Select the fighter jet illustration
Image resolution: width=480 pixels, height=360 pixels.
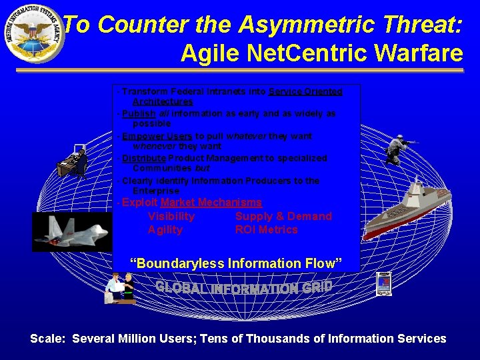pyautogui.click(x=70, y=231)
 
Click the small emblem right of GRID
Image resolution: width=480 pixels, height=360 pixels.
pyautogui.click(x=383, y=284)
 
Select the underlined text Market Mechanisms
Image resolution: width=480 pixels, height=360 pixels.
pyautogui.click(x=211, y=203)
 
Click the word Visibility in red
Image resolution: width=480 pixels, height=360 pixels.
pyautogui.click(x=171, y=216)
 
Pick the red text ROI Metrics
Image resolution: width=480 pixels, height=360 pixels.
pyautogui.click(x=266, y=229)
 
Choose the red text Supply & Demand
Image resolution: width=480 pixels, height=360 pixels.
pyautogui.click(x=283, y=216)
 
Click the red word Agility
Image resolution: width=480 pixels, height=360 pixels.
pyautogui.click(x=165, y=229)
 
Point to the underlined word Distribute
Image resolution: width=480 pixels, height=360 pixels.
pyautogui.click(x=144, y=158)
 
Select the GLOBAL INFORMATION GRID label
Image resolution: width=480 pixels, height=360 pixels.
pyautogui.click(x=243, y=288)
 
